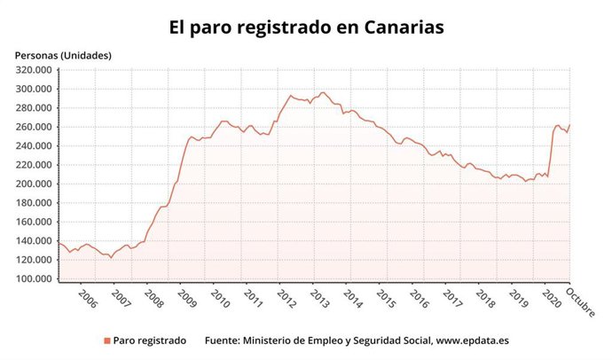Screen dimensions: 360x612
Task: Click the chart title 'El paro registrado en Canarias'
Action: [306, 27]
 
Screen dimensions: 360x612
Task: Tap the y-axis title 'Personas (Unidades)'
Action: [63, 55]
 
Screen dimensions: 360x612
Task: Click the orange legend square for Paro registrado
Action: [106, 340]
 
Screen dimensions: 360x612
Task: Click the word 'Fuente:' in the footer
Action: [224, 340]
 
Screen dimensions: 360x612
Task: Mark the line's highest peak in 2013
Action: [323, 92]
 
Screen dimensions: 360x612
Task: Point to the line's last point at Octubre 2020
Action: [569, 125]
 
